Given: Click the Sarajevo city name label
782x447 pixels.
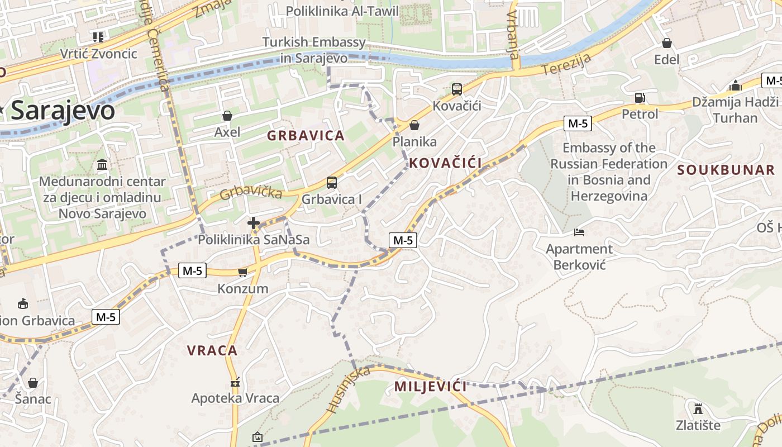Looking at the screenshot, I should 63,111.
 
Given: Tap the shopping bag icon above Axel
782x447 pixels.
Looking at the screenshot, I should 227,116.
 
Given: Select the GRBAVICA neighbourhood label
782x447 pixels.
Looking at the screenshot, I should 306,135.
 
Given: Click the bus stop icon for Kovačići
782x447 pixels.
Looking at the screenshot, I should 457,89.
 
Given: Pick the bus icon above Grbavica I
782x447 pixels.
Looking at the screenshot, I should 332,182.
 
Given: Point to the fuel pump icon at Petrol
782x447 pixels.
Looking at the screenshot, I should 640,98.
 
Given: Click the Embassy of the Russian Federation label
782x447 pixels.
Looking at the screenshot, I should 609,172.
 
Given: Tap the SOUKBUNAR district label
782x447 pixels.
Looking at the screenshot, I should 726,170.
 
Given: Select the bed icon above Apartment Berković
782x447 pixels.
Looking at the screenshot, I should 579,232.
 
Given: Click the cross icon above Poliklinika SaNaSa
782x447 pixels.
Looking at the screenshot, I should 254,223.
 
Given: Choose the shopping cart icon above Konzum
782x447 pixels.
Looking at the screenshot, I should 242,272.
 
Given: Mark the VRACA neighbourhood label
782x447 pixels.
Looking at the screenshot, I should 212,350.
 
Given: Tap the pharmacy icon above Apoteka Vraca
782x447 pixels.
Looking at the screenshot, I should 235,383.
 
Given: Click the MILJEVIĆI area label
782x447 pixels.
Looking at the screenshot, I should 430,386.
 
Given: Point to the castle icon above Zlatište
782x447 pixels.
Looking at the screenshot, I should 698,408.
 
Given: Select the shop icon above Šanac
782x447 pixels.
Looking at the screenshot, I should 33,383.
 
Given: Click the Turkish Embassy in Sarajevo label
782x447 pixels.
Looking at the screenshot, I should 314,50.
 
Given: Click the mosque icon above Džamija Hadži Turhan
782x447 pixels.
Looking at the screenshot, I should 736,85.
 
